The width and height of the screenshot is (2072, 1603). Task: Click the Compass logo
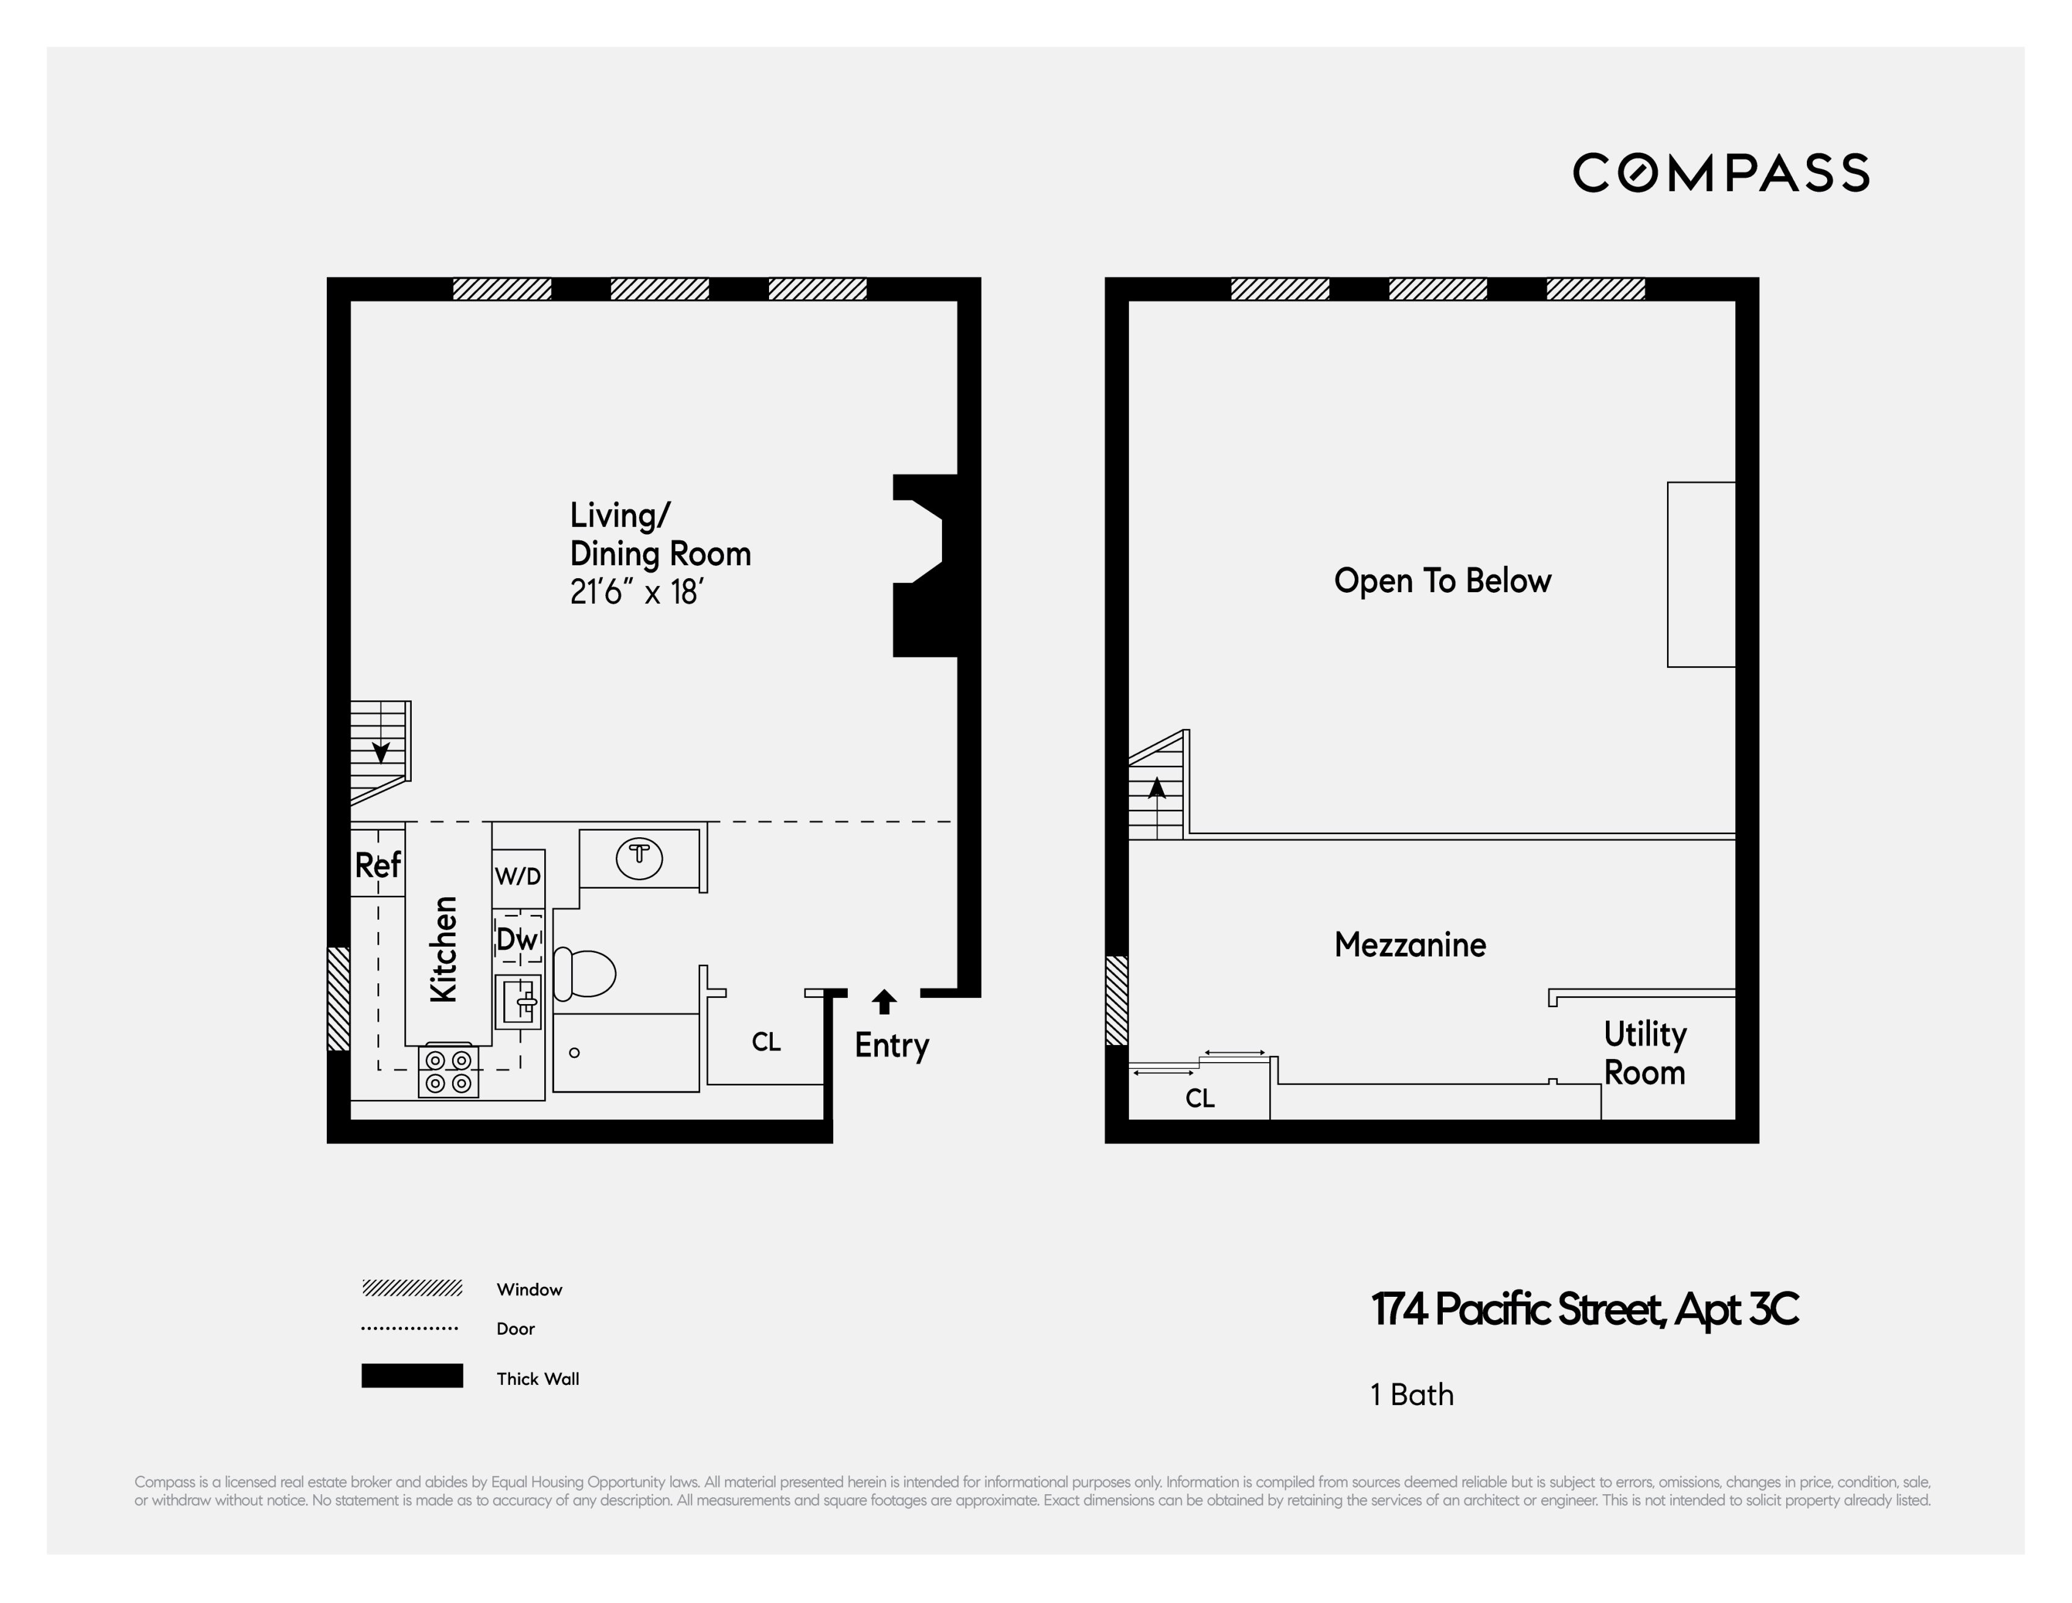click(x=1720, y=173)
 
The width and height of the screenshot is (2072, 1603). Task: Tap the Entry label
click(x=891, y=1045)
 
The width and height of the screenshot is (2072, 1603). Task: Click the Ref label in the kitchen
click(x=378, y=865)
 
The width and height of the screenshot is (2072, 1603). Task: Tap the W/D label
click(x=518, y=876)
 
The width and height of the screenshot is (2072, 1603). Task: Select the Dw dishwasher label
click(x=517, y=939)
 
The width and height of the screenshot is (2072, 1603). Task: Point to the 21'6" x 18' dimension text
click(x=635, y=592)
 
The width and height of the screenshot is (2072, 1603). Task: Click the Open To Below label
click(x=1441, y=580)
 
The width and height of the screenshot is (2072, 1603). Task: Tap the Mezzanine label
click(x=1410, y=944)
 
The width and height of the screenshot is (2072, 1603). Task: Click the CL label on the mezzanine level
click(x=1199, y=1098)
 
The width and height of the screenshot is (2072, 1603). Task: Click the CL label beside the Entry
click(x=765, y=1042)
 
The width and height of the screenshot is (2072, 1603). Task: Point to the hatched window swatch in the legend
click(x=412, y=1288)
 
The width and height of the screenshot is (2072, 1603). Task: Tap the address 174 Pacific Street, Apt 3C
click(x=1583, y=1310)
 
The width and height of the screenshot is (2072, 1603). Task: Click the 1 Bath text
click(x=1412, y=1394)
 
